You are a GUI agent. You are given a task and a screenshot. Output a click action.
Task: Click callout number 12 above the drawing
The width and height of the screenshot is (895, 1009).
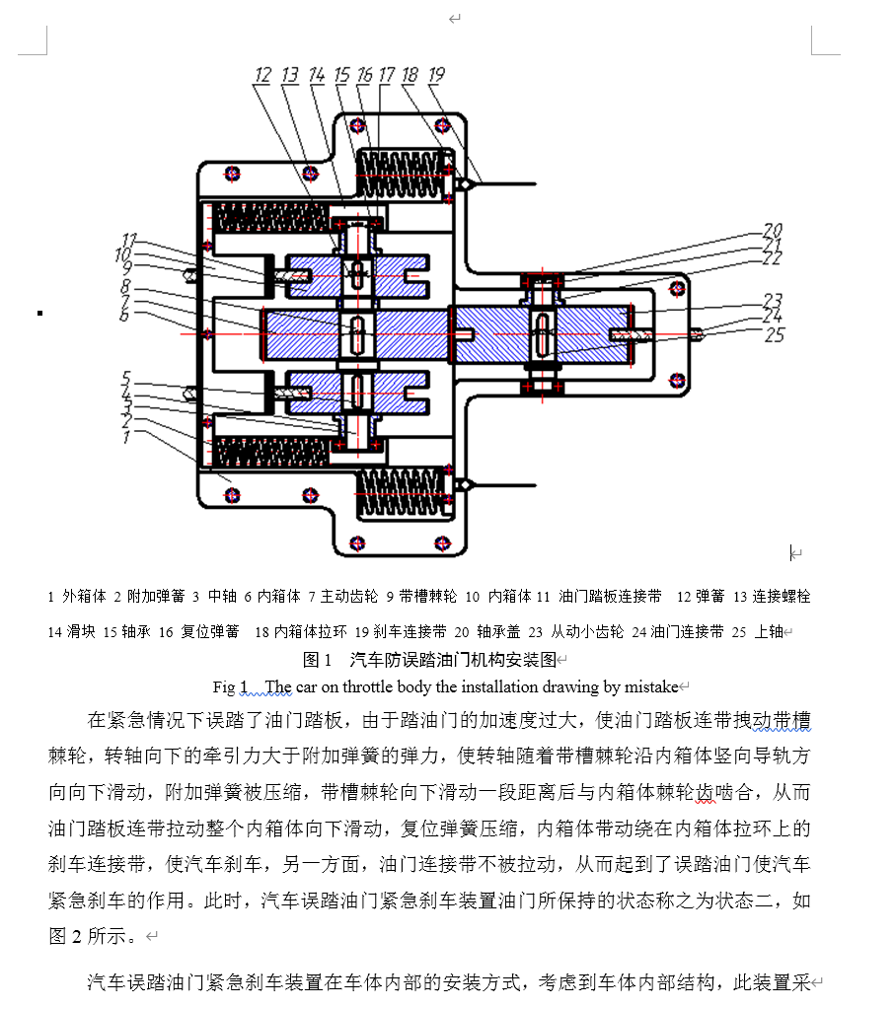[262, 75]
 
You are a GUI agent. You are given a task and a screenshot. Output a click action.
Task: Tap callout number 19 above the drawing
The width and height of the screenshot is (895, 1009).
[435, 75]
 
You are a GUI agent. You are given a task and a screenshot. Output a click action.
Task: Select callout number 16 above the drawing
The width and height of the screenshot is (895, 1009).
[364, 75]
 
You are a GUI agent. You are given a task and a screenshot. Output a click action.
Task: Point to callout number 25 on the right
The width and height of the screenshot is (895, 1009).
[775, 334]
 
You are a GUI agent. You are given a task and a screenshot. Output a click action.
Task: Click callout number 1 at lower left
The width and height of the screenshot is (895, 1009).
[125, 437]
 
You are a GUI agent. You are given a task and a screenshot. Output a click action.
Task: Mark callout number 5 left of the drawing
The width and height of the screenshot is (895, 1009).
[125, 377]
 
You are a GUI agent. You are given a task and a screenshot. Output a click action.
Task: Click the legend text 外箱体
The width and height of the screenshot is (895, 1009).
[84, 597]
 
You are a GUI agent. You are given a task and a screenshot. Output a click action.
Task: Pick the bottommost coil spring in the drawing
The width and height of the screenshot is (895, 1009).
[400, 492]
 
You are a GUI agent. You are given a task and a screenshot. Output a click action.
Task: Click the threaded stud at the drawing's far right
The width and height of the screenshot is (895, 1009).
[696, 334]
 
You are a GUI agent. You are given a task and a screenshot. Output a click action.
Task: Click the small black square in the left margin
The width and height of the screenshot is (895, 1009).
[39, 313]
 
